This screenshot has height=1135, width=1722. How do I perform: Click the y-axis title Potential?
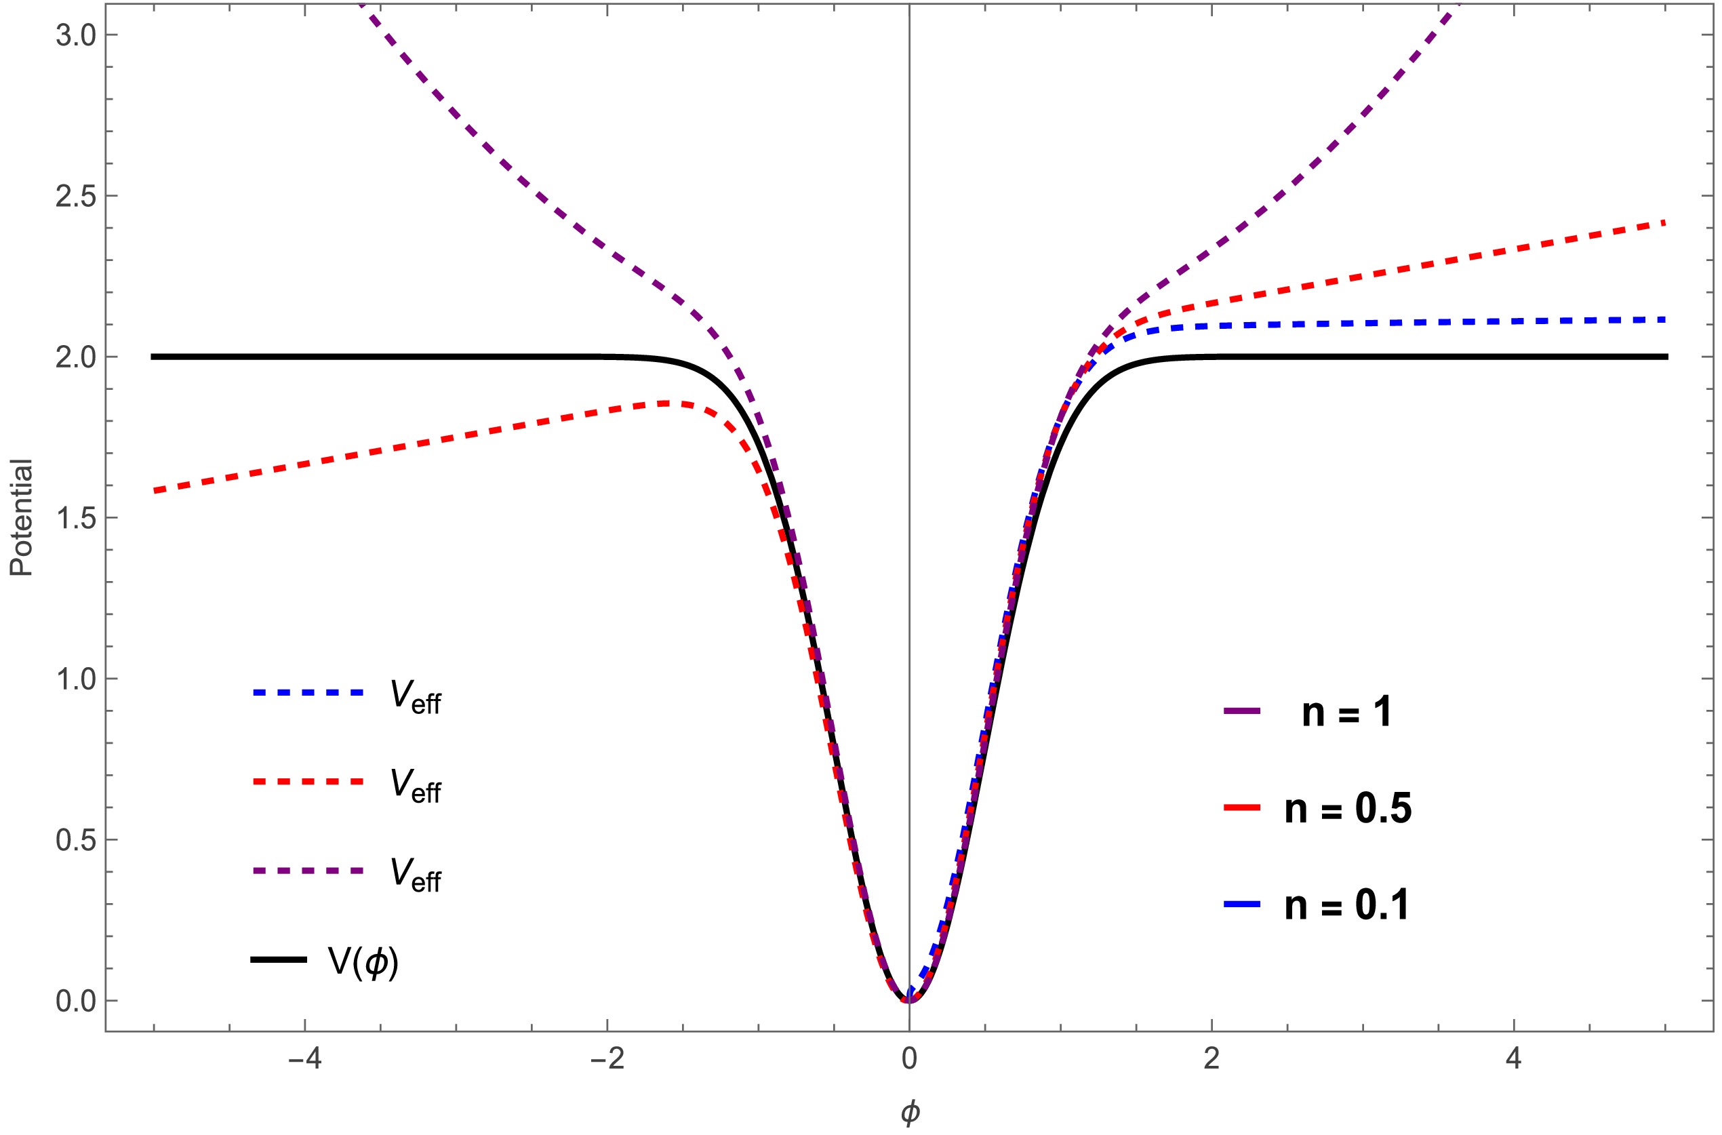point(22,517)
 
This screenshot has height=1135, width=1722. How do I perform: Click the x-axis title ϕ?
point(910,1112)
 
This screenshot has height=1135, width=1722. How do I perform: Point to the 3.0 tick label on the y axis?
point(76,35)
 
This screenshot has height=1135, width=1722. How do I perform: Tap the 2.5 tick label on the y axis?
point(76,196)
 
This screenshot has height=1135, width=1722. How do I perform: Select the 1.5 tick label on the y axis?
point(76,518)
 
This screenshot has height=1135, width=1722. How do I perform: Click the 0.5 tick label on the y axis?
point(76,840)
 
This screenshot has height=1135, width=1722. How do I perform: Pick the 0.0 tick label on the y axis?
point(76,1001)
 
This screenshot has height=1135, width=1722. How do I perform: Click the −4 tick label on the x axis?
point(304,1059)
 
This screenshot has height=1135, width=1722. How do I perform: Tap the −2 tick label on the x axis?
point(607,1059)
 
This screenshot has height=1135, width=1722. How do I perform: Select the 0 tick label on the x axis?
point(909,1059)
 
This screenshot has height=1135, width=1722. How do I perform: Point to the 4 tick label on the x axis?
point(1514,1059)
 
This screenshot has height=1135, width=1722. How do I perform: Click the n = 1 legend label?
point(1346,713)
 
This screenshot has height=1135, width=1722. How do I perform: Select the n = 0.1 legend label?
point(1347,905)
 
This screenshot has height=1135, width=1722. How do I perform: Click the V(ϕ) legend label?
point(363,962)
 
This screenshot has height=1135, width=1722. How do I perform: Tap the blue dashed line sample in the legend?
point(308,693)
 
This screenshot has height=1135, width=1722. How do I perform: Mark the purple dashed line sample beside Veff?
point(308,871)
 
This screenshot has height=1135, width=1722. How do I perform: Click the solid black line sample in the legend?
point(279,960)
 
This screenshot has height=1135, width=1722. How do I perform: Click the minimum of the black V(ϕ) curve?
point(909,1000)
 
